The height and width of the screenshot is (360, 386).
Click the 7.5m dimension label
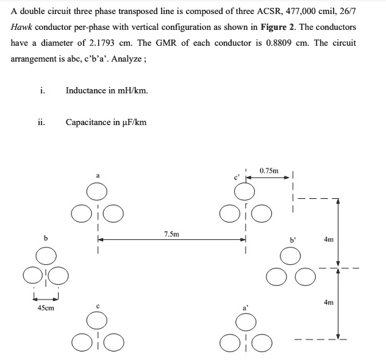[x=171, y=234]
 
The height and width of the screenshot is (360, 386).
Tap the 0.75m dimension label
[x=269, y=170]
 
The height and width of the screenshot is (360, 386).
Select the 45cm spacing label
[x=46, y=308]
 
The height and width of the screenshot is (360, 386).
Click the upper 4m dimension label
[x=329, y=240]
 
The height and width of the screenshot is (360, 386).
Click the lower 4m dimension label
[x=329, y=302]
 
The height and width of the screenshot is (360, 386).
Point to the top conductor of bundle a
[x=96, y=192]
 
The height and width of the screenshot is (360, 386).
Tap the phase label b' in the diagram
[x=292, y=240]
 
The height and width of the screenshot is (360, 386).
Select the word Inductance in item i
[x=85, y=90]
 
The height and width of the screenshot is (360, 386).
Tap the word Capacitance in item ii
[x=88, y=122]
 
